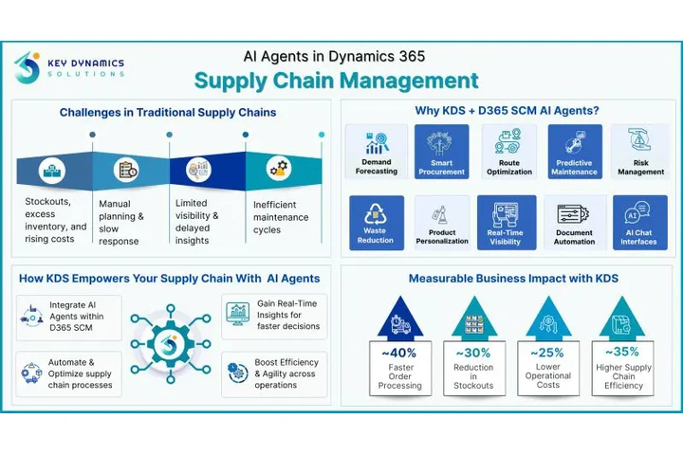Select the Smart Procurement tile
tap(441, 153)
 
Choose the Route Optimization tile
tap(508, 153)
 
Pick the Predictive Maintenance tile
tap(575, 153)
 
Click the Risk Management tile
tap(640, 153)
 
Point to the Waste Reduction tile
tap(376, 224)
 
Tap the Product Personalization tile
tap(441, 224)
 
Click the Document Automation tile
tap(575, 224)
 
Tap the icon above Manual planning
tap(126, 172)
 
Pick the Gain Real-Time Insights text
tap(286, 313)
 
